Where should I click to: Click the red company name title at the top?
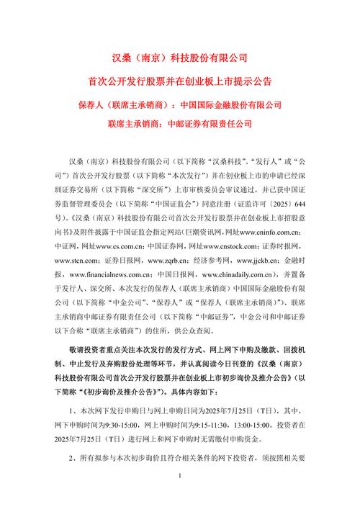tap(180, 57)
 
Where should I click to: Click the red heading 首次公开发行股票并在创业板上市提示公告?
tap(180, 81)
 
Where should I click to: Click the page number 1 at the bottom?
tap(180, 497)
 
